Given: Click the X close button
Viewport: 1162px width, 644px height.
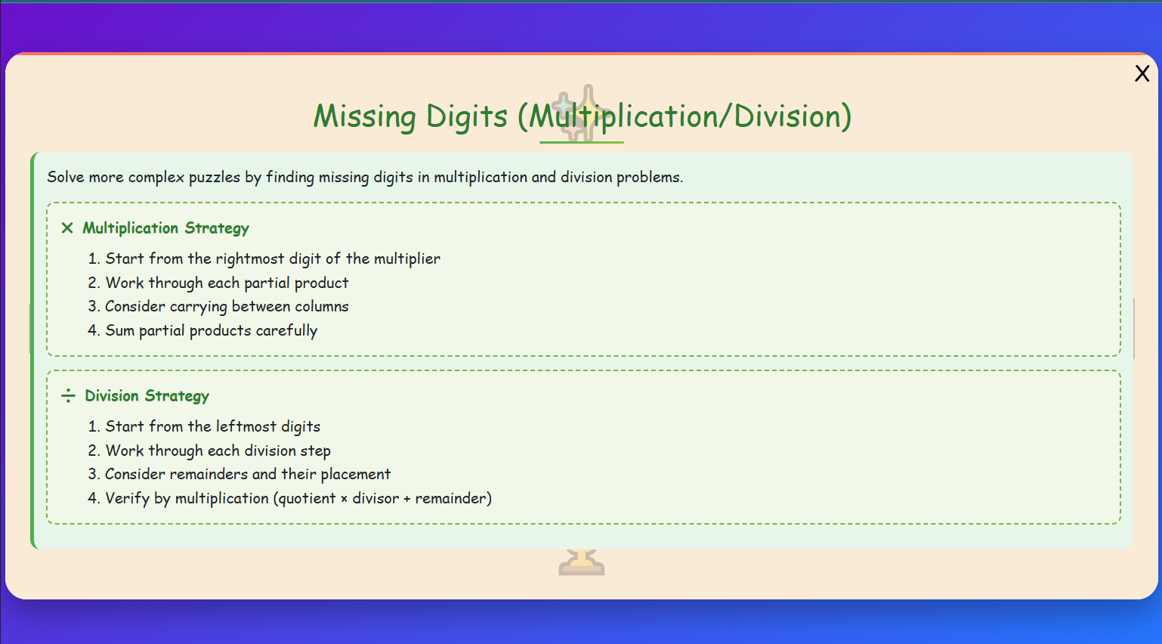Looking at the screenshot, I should click(1142, 73).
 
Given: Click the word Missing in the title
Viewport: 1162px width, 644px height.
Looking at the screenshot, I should click(364, 116).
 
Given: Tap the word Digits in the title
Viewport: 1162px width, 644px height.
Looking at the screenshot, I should click(466, 116).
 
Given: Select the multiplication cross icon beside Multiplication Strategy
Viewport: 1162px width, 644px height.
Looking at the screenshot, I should click(67, 228).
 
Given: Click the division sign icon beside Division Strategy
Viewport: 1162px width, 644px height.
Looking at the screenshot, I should click(68, 396).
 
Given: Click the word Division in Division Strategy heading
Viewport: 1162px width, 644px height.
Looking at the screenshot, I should click(112, 396).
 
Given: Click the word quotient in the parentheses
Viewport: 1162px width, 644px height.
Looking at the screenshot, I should click(307, 499).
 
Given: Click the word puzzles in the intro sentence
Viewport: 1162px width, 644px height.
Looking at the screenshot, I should click(215, 178).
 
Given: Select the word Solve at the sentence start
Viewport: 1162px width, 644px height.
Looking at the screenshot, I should click(66, 177).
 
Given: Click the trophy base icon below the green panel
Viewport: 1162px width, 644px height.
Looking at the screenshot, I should click(581, 563).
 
